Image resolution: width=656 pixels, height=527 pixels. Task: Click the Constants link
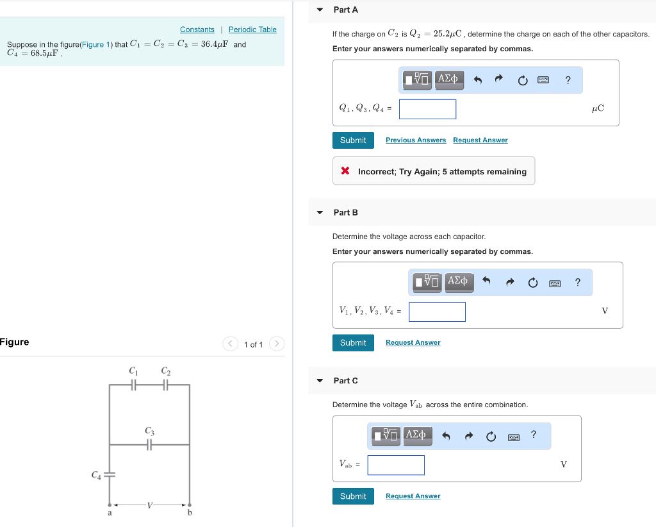197,29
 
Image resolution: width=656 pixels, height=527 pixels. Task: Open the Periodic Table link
252,29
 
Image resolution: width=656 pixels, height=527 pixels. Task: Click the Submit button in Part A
353,140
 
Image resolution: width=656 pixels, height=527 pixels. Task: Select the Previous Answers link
416,140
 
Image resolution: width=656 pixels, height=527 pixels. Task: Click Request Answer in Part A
480,140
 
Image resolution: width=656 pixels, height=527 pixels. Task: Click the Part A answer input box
427,109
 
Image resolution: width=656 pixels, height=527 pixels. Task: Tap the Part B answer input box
437,312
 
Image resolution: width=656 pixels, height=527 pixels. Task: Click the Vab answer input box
396,465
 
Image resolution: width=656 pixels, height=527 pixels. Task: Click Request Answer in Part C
413,496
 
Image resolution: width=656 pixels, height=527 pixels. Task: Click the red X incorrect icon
345,171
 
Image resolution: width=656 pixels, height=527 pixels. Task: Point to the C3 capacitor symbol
149,444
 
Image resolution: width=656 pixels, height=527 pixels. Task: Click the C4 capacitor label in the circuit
96,475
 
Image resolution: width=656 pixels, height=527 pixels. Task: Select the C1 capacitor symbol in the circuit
133,385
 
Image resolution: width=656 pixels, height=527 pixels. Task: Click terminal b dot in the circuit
190,505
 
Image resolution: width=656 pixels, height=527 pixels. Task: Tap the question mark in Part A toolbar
568,80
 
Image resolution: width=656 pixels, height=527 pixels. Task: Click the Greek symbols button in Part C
416,435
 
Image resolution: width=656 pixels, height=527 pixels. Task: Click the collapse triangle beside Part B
320,212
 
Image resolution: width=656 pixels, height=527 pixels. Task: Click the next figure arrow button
276,344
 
